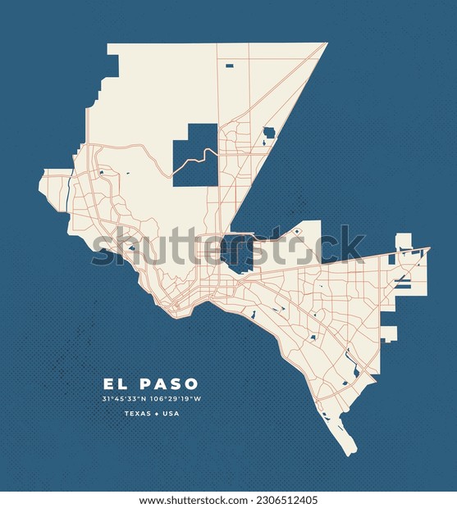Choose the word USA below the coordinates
170,414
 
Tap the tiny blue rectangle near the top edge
229,66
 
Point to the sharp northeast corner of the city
325,44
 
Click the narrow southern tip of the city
351,450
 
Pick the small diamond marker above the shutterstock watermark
296,232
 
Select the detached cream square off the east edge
388,333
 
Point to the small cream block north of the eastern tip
403,242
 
